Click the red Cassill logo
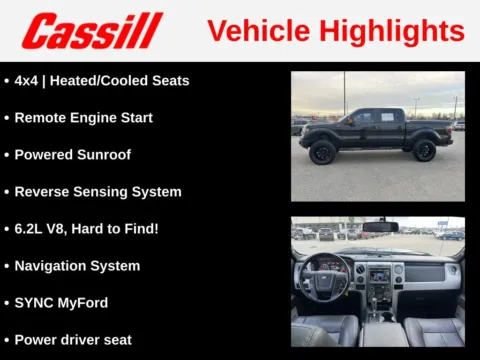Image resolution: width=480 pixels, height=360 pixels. click(x=92, y=30)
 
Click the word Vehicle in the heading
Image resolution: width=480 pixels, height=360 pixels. click(x=260, y=31)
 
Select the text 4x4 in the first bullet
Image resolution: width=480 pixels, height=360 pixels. click(x=28, y=80)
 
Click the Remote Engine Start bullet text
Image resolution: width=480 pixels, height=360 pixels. click(x=83, y=117)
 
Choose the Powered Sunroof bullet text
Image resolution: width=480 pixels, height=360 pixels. click(x=72, y=154)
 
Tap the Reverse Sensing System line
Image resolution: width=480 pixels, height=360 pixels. click(x=98, y=191)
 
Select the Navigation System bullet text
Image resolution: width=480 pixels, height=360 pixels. click(x=77, y=266)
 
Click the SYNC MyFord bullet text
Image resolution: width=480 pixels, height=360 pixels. click(x=62, y=303)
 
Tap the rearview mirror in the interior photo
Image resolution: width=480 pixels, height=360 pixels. click(x=380, y=227)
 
